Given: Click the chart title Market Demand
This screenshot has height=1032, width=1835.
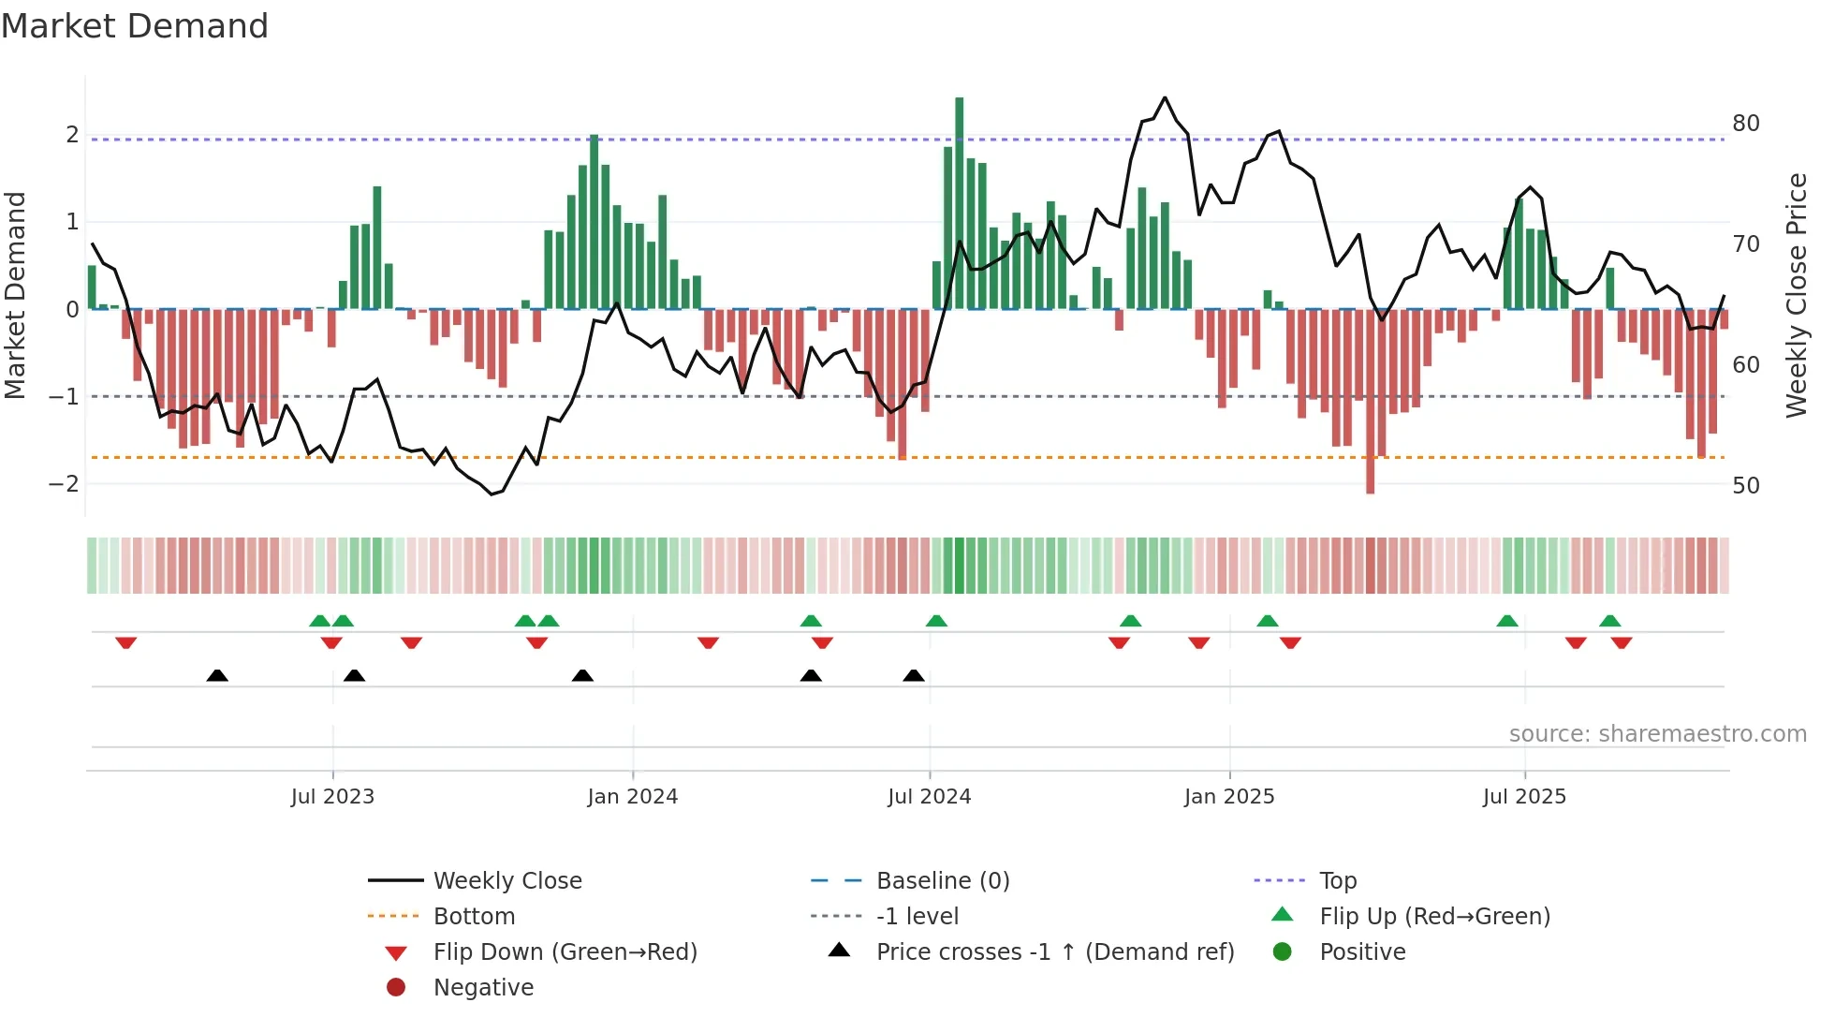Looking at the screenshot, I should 135,26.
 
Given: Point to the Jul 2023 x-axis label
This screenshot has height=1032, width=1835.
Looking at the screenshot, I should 332,797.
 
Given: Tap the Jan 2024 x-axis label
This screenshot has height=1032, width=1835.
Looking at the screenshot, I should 633,797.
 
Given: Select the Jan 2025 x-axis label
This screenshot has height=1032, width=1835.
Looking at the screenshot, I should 1229,797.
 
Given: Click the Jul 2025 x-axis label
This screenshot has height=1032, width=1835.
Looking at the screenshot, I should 1524,797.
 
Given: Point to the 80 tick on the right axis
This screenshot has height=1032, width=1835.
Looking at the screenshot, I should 1745,124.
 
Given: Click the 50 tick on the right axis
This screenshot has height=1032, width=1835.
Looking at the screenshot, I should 1745,486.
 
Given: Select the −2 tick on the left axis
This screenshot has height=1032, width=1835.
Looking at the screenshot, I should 64,484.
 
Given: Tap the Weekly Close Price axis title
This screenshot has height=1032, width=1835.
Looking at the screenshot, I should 1796,295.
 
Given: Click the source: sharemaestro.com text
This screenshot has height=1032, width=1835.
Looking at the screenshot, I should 1657,734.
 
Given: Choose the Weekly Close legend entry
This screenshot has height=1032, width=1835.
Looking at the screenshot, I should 506,881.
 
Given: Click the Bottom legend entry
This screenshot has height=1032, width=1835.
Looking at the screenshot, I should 474,917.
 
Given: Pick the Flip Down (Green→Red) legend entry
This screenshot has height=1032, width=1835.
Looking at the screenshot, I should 565,952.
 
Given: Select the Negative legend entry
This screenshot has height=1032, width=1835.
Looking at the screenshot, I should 483,988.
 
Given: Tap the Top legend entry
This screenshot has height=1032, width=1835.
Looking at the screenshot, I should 1338,881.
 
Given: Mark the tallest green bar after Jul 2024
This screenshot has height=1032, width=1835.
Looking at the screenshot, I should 959,201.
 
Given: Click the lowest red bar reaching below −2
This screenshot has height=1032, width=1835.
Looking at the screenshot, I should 1370,403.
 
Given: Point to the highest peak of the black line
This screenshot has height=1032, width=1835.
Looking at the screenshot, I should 1165,97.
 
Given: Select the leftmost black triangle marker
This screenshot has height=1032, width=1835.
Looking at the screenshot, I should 217,675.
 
